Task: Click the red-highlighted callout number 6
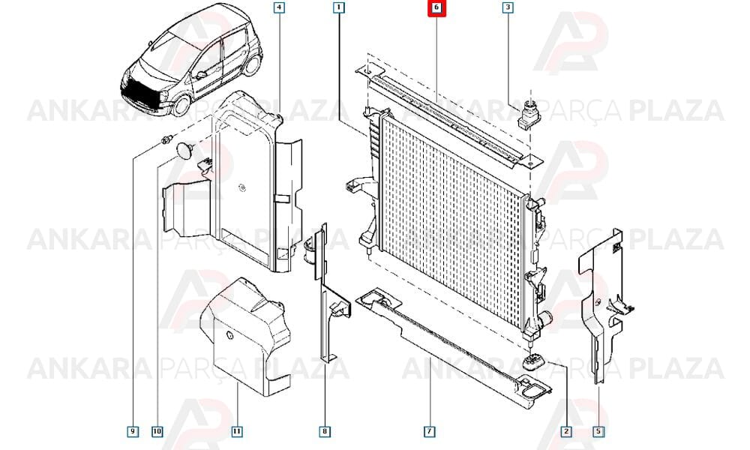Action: [436, 7]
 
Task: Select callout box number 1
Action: [339, 7]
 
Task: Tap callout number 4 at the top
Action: [279, 7]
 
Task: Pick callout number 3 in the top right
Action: [508, 7]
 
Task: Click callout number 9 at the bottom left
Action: [133, 431]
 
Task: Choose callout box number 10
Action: [157, 431]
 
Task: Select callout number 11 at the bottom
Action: [237, 431]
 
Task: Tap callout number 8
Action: [325, 431]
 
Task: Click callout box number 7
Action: [430, 431]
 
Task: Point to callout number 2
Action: [566, 431]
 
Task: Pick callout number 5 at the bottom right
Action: [598, 431]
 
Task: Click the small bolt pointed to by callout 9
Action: [166, 139]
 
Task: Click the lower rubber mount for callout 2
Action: [535, 362]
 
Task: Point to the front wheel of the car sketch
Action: [181, 106]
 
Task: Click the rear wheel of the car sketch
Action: [253, 64]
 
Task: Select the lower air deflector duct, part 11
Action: [245, 335]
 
